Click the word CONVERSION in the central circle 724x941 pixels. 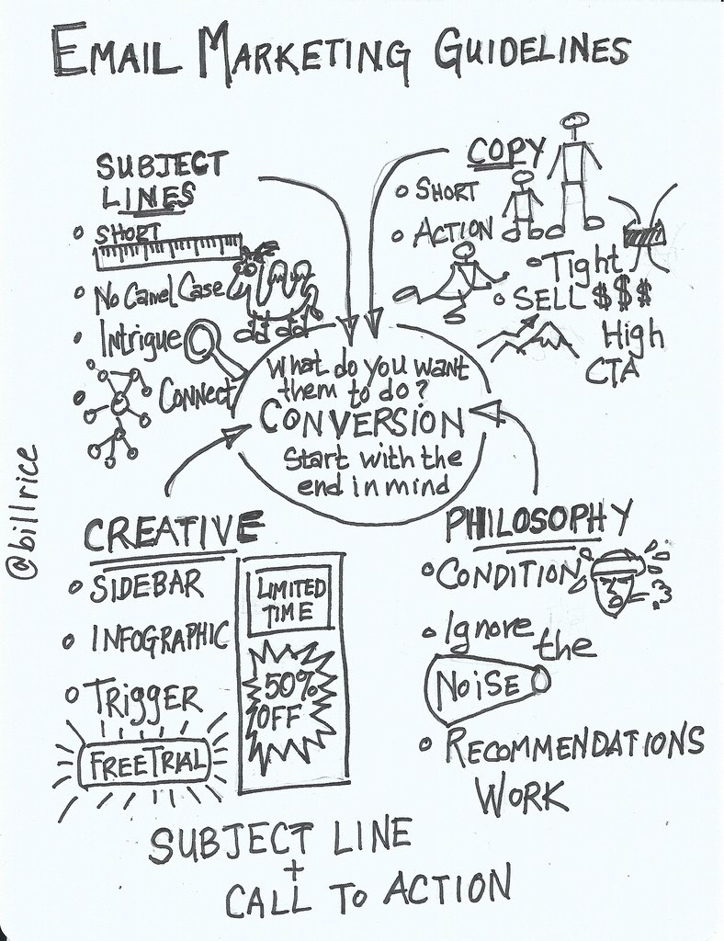(361, 422)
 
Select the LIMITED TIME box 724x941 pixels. (290, 600)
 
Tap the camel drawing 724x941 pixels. (276, 289)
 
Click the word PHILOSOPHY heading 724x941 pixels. (537, 522)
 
